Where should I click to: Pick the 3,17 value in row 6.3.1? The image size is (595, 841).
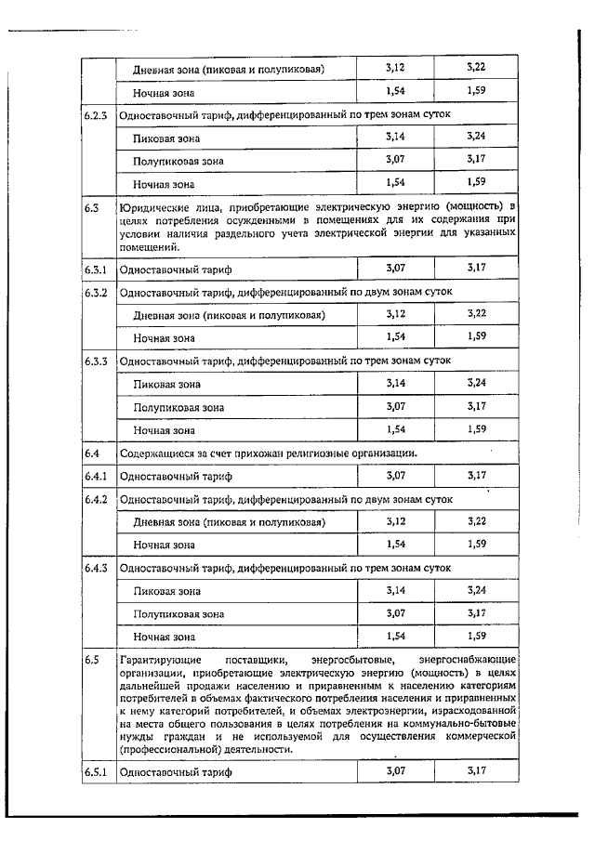coord(477,269)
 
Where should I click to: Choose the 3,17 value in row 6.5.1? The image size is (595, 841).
coord(477,771)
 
